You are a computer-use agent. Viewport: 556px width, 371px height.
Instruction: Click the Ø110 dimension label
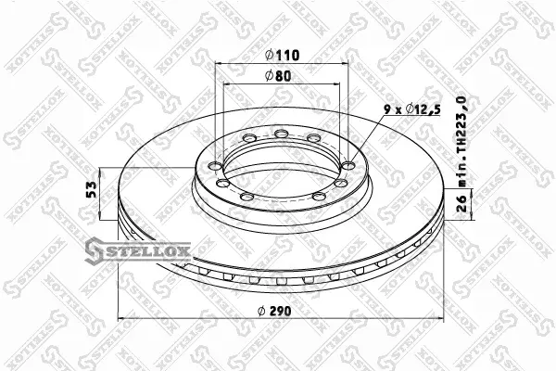[x=283, y=55]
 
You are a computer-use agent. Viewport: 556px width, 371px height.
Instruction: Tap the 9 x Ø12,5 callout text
[x=412, y=109]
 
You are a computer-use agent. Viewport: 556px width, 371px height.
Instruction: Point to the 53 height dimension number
[x=92, y=189]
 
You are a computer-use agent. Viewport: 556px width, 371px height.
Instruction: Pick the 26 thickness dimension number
[x=461, y=203]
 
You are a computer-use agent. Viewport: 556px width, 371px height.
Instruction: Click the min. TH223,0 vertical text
[x=461, y=141]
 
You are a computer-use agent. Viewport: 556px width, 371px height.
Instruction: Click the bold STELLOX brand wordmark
[x=147, y=251]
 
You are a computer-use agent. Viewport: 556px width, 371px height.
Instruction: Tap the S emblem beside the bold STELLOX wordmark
[x=95, y=251]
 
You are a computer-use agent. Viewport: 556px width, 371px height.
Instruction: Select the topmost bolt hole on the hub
[x=282, y=134]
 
